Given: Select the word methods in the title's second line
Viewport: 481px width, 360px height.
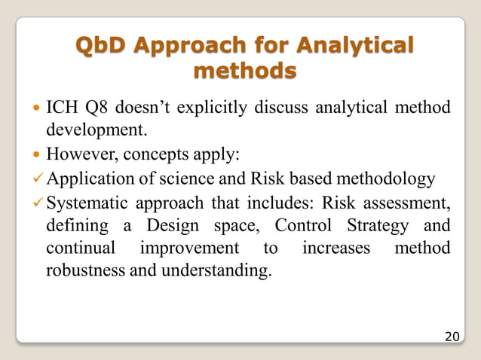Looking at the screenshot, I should tap(244, 72).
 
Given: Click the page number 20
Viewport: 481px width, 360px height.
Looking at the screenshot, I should tap(452, 335).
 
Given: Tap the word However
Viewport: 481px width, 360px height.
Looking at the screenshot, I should tap(79, 155).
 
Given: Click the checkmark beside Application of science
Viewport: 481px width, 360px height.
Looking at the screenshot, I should tap(39, 178).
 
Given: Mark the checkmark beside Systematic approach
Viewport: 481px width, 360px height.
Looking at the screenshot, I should tap(39, 202).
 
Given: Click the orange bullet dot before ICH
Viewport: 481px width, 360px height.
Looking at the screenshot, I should tap(38, 109).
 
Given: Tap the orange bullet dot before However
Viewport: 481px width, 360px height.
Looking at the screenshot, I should tap(38, 156).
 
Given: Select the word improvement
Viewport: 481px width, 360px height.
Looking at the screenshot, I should tap(195, 248).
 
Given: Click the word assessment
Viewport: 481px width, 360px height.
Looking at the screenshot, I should tap(409, 202).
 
